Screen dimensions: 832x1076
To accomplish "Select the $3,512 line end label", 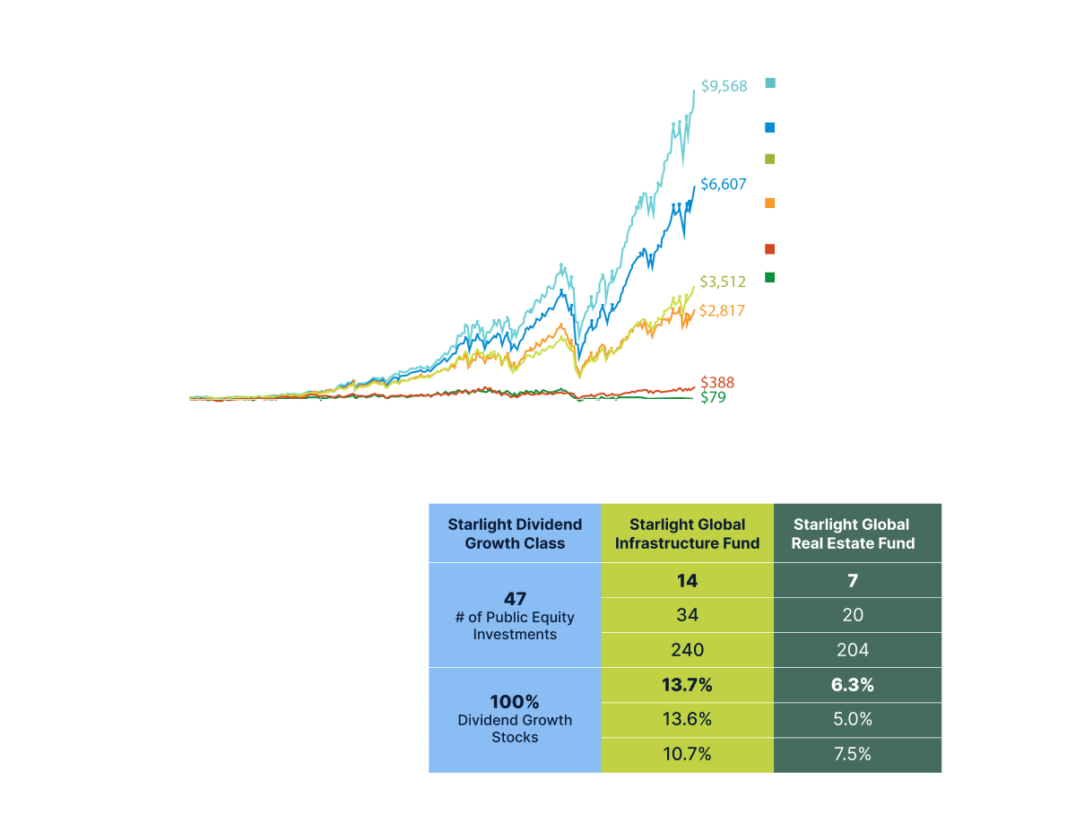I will [722, 282].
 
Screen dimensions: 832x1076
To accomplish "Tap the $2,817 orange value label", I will [722, 311].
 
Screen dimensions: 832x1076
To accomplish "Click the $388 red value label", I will [716, 383].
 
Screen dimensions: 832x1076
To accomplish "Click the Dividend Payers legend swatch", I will [770, 129].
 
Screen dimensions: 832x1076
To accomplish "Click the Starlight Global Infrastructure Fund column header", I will [687, 533].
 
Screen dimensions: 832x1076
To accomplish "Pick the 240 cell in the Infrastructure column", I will [687, 649].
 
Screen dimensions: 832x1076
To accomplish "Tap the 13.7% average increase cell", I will [687, 685].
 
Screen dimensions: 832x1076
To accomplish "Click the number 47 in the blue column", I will [515, 599].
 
